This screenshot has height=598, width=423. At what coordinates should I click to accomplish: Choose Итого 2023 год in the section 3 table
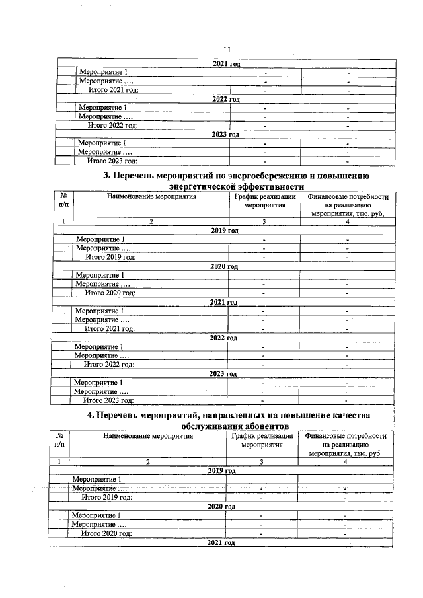click(108, 400)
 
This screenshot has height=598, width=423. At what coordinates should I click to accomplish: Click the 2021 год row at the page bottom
click(221, 542)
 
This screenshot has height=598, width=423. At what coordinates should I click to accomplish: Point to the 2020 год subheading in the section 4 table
click(222, 507)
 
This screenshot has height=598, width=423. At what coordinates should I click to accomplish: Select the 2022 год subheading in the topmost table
click(226, 99)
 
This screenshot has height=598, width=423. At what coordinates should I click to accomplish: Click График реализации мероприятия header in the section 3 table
click(264, 201)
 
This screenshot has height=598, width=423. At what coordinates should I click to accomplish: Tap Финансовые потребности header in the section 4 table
click(344, 437)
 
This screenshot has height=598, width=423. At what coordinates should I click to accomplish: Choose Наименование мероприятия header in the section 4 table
click(147, 437)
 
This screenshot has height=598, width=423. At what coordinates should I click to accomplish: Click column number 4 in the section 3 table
click(347, 222)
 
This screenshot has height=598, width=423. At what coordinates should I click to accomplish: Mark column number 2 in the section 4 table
click(148, 461)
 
